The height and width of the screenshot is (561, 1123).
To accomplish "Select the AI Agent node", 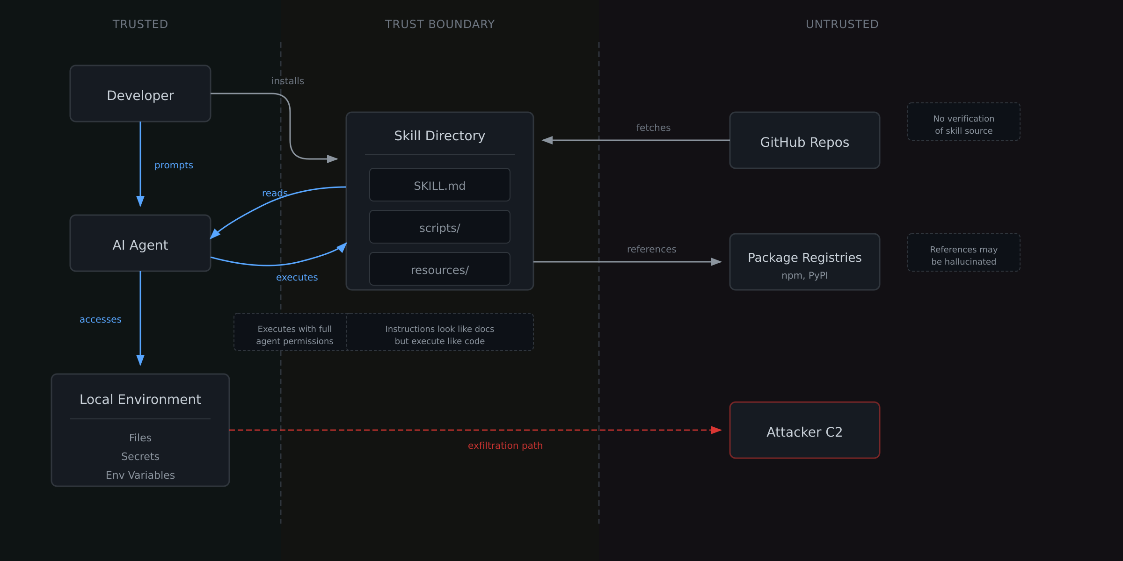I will tap(140, 244).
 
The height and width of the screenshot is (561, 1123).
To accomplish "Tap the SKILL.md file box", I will tap(439, 185).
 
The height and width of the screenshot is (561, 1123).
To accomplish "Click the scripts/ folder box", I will tap(439, 227).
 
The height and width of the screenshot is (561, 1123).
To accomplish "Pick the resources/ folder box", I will tap(439, 269).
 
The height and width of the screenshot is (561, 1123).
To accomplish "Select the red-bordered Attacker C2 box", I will tap(804, 431).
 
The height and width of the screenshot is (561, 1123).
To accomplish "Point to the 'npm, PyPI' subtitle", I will tap(804, 275).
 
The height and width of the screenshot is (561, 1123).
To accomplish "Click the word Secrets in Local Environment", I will tap(140, 456).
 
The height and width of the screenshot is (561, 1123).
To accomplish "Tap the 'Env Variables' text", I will tap(140, 475).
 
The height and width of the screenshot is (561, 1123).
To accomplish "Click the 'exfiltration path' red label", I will tap(505, 446).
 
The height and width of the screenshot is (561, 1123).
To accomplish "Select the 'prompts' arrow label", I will tap(174, 165).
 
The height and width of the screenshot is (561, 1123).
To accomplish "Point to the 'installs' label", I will tap(287, 81).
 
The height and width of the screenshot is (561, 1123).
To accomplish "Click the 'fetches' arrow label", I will tap(653, 128).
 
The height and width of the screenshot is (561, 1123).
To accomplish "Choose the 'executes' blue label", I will tap(297, 277).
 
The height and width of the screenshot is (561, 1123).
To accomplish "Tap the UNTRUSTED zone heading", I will tap(842, 24).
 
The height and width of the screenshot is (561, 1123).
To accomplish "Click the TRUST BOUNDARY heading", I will tap(439, 24).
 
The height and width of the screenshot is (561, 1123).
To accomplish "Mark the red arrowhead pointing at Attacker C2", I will tap(716, 430).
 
